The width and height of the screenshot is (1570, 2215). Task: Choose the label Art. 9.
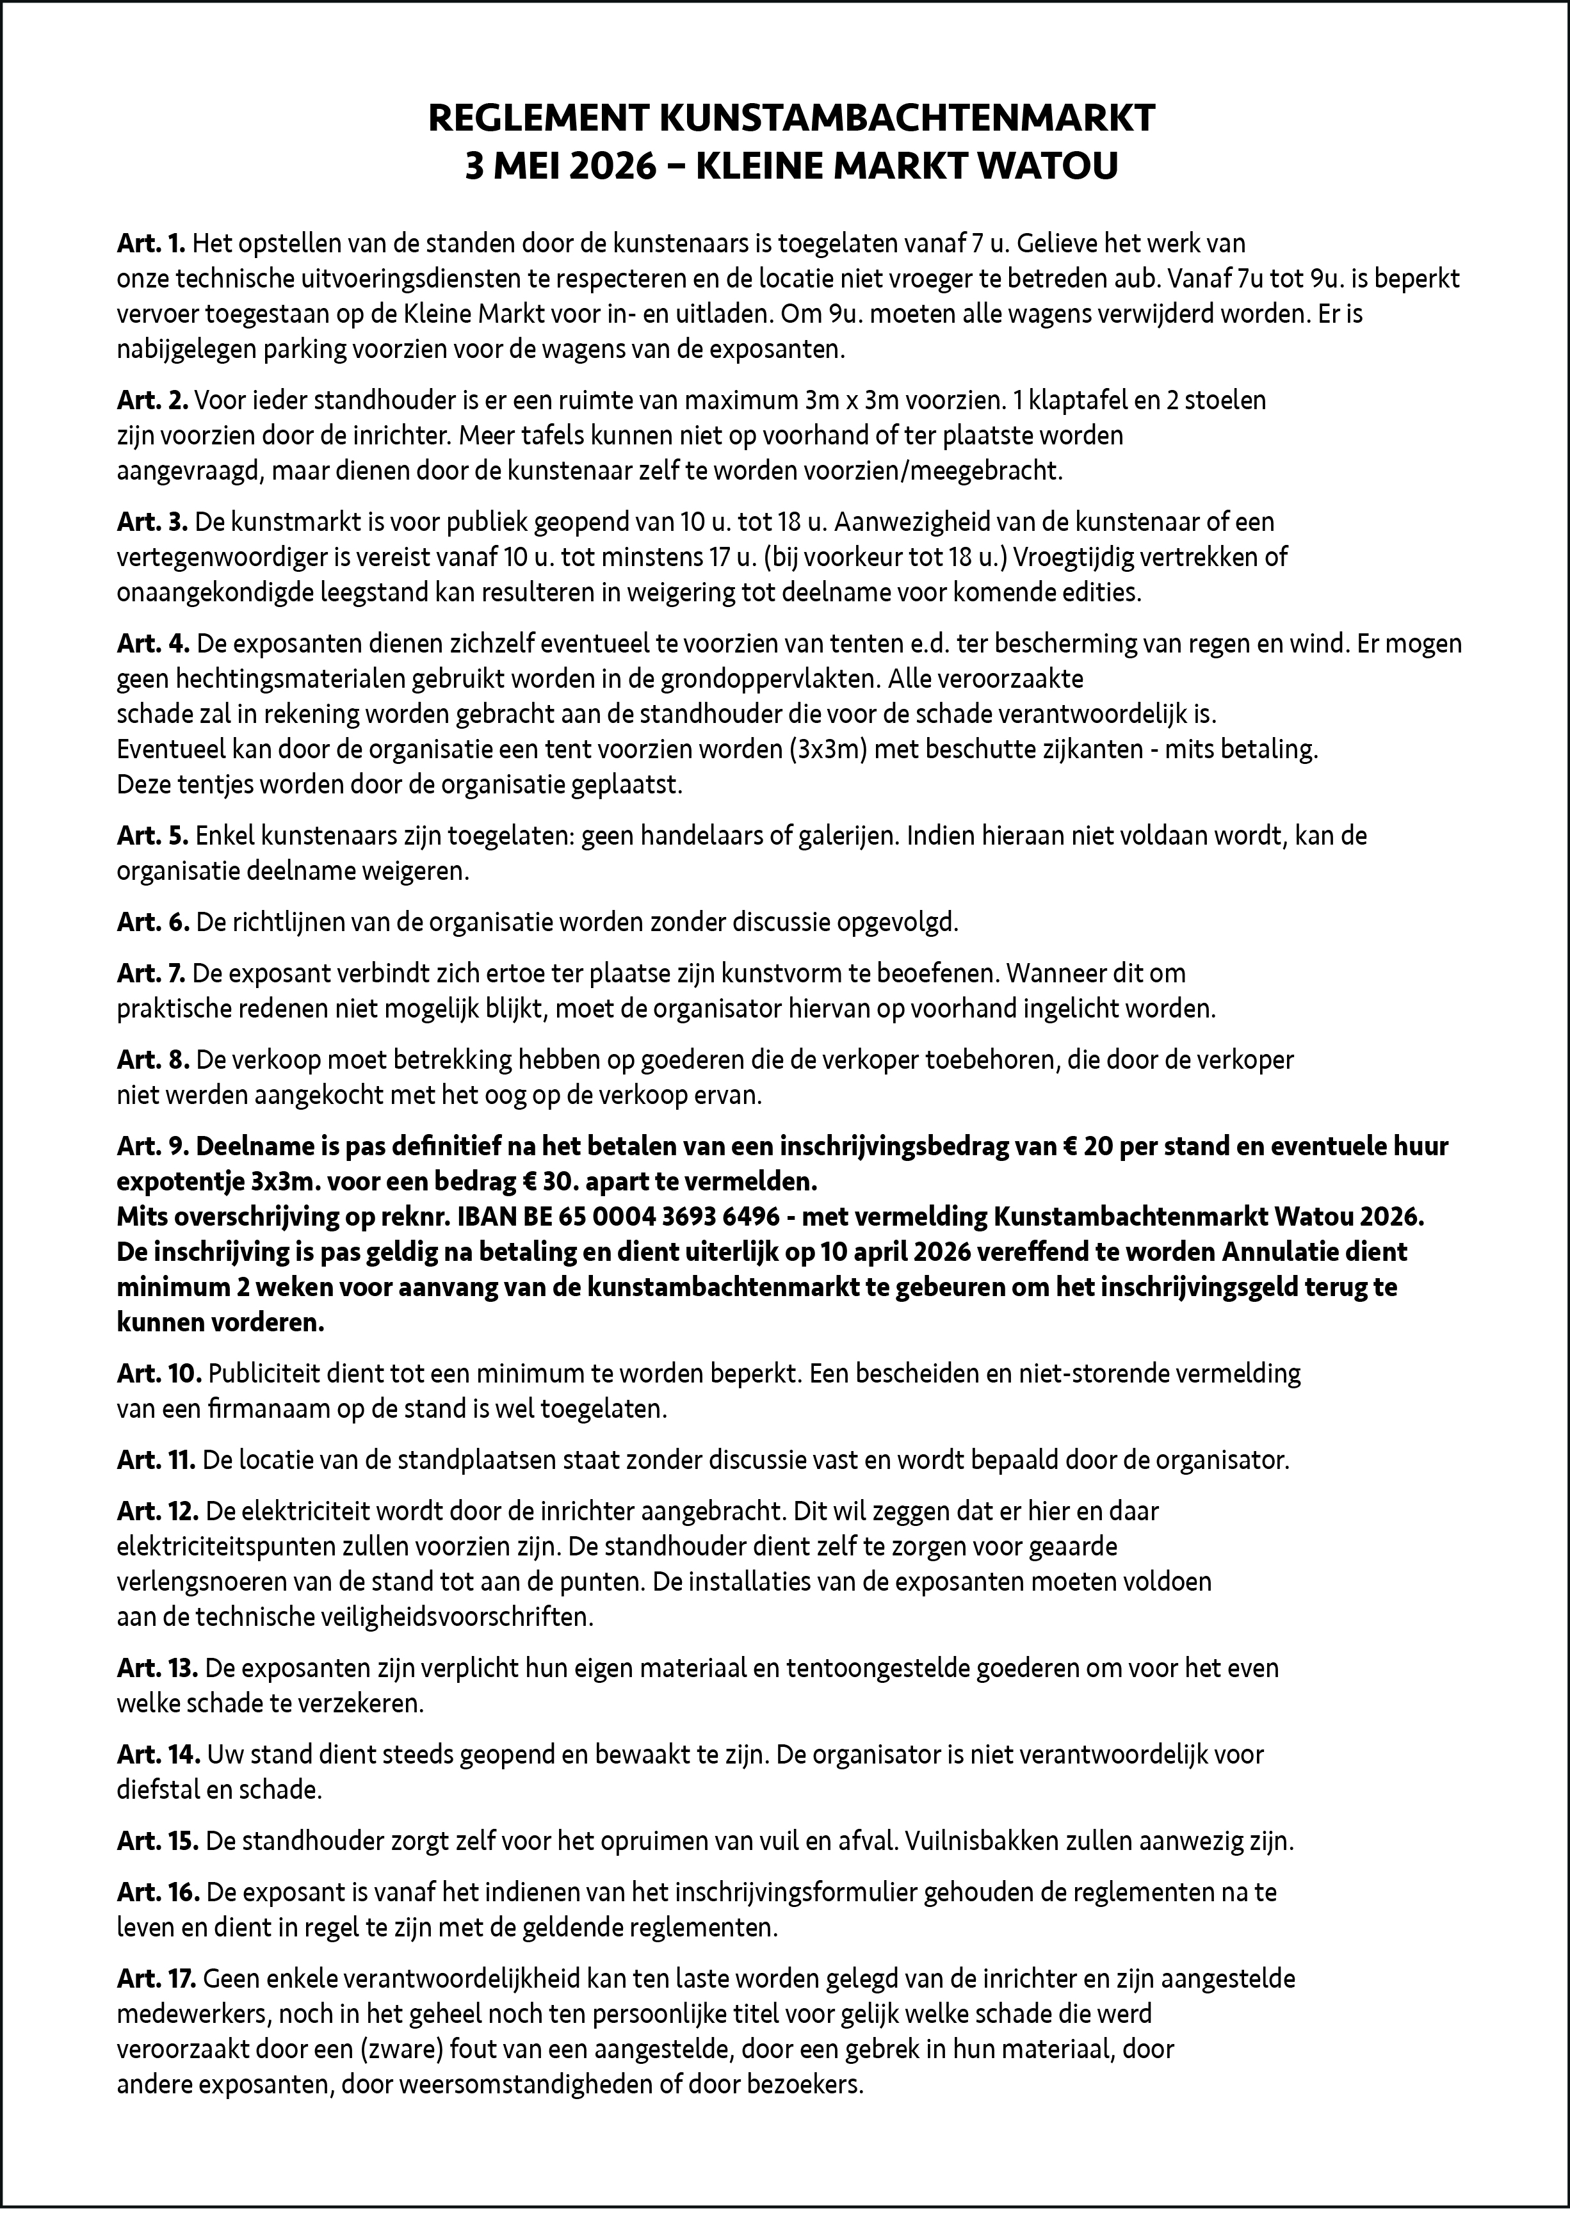click(152, 1147)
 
